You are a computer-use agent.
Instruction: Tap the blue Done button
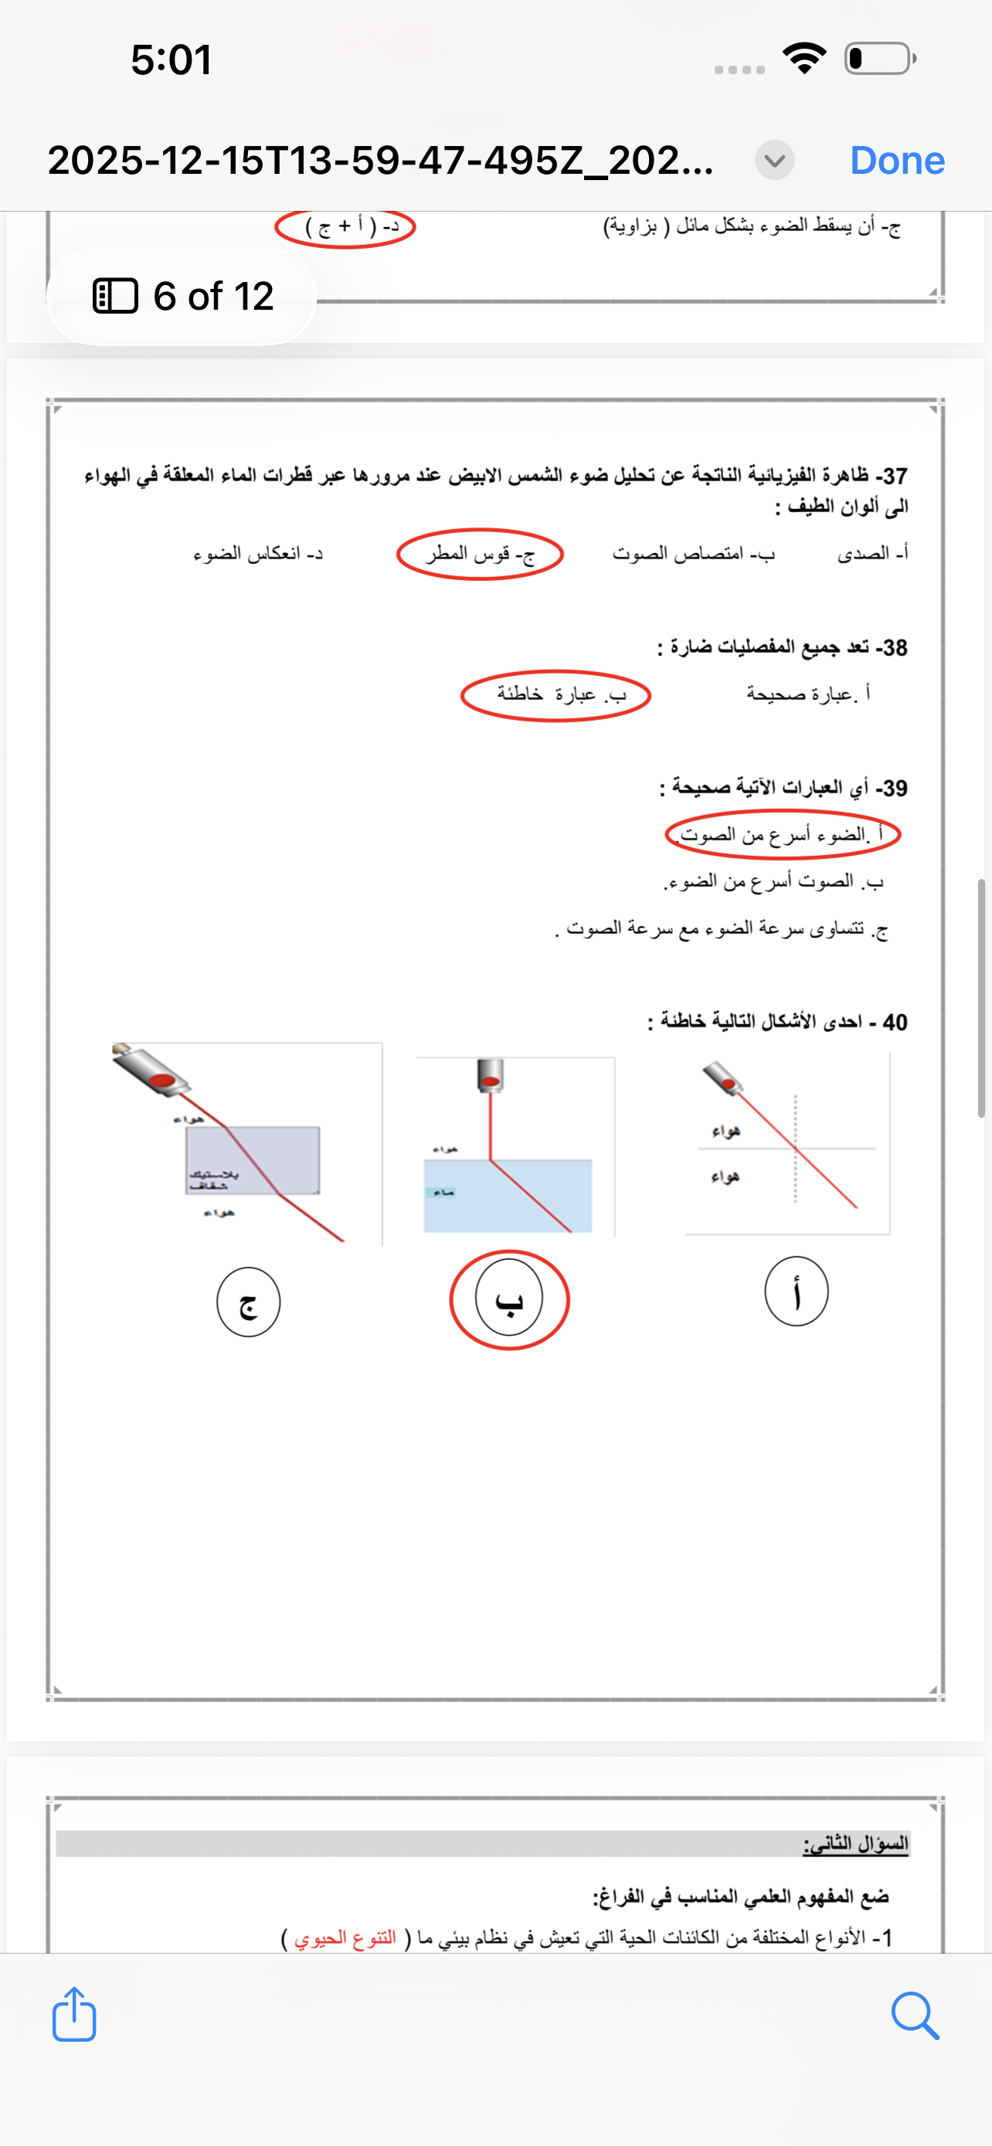click(x=897, y=160)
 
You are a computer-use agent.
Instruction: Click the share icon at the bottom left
click(x=74, y=2015)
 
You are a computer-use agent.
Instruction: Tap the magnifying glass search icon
click(x=915, y=2015)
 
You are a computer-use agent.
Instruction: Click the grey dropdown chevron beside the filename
click(x=774, y=160)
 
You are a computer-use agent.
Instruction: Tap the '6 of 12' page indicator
click(x=183, y=297)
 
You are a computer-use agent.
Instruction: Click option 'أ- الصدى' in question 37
click(x=872, y=553)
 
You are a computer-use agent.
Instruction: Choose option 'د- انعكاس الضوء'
click(x=258, y=554)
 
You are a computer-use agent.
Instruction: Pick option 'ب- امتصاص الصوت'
click(x=693, y=554)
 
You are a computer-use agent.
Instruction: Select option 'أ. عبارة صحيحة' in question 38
click(x=808, y=694)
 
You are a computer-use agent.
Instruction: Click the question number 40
click(x=895, y=1022)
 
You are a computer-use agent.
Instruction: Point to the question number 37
click(x=895, y=476)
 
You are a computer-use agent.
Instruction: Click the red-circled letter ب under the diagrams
click(x=509, y=1299)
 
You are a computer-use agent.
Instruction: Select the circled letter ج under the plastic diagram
click(x=248, y=1302)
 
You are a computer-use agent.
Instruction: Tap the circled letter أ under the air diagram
click(x=797, y=1292)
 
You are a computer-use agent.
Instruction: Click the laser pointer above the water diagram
click(x=491, y=1075)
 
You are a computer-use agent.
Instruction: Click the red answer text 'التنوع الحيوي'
click(x=345, y=1938)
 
